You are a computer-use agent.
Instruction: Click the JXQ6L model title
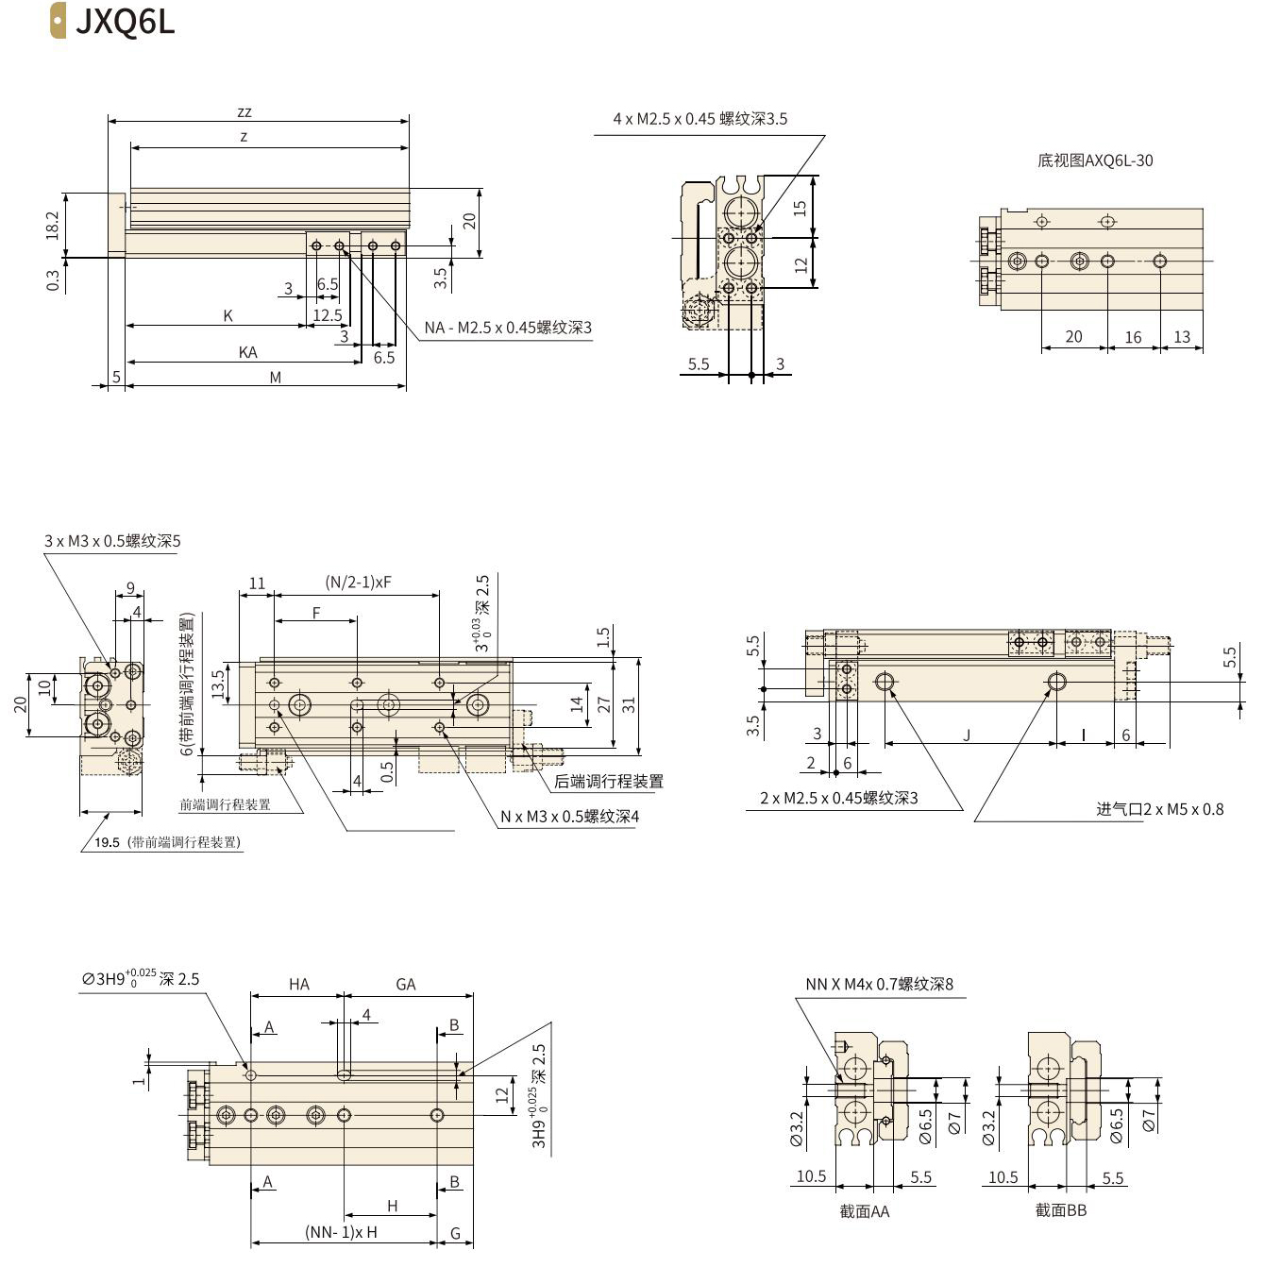click(125, 21)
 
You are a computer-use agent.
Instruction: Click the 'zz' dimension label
click(244, 112)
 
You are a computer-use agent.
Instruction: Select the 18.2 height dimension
click(53, 225)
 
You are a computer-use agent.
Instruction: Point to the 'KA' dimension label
click(247, 352)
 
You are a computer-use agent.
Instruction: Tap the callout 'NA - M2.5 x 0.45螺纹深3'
click(508, 328)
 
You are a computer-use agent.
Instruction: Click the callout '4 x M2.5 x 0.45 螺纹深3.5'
click(699, 119)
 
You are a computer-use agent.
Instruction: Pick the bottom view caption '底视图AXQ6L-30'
click(1095, 160)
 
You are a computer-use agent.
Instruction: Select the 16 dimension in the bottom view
click(1133, 337)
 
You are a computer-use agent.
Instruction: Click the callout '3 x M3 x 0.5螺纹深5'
click(112, 541)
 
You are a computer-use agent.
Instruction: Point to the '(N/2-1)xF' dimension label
click(358, 583)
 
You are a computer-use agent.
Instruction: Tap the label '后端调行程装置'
click(608, 781)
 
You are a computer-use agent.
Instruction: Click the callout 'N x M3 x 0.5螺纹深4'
click(569, 816)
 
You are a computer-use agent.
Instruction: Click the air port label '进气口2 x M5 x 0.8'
click(1159, 809)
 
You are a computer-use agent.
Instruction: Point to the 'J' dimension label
click(967, 735)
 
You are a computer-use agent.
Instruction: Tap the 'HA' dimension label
click(299, 985)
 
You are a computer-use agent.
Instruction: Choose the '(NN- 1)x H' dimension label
click(341, 1232)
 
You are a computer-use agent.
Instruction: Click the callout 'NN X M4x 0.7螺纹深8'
click(879, 984)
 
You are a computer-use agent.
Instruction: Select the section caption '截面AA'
click(864, 1211)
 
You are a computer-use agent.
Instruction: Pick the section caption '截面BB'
click(1061, 1210)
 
